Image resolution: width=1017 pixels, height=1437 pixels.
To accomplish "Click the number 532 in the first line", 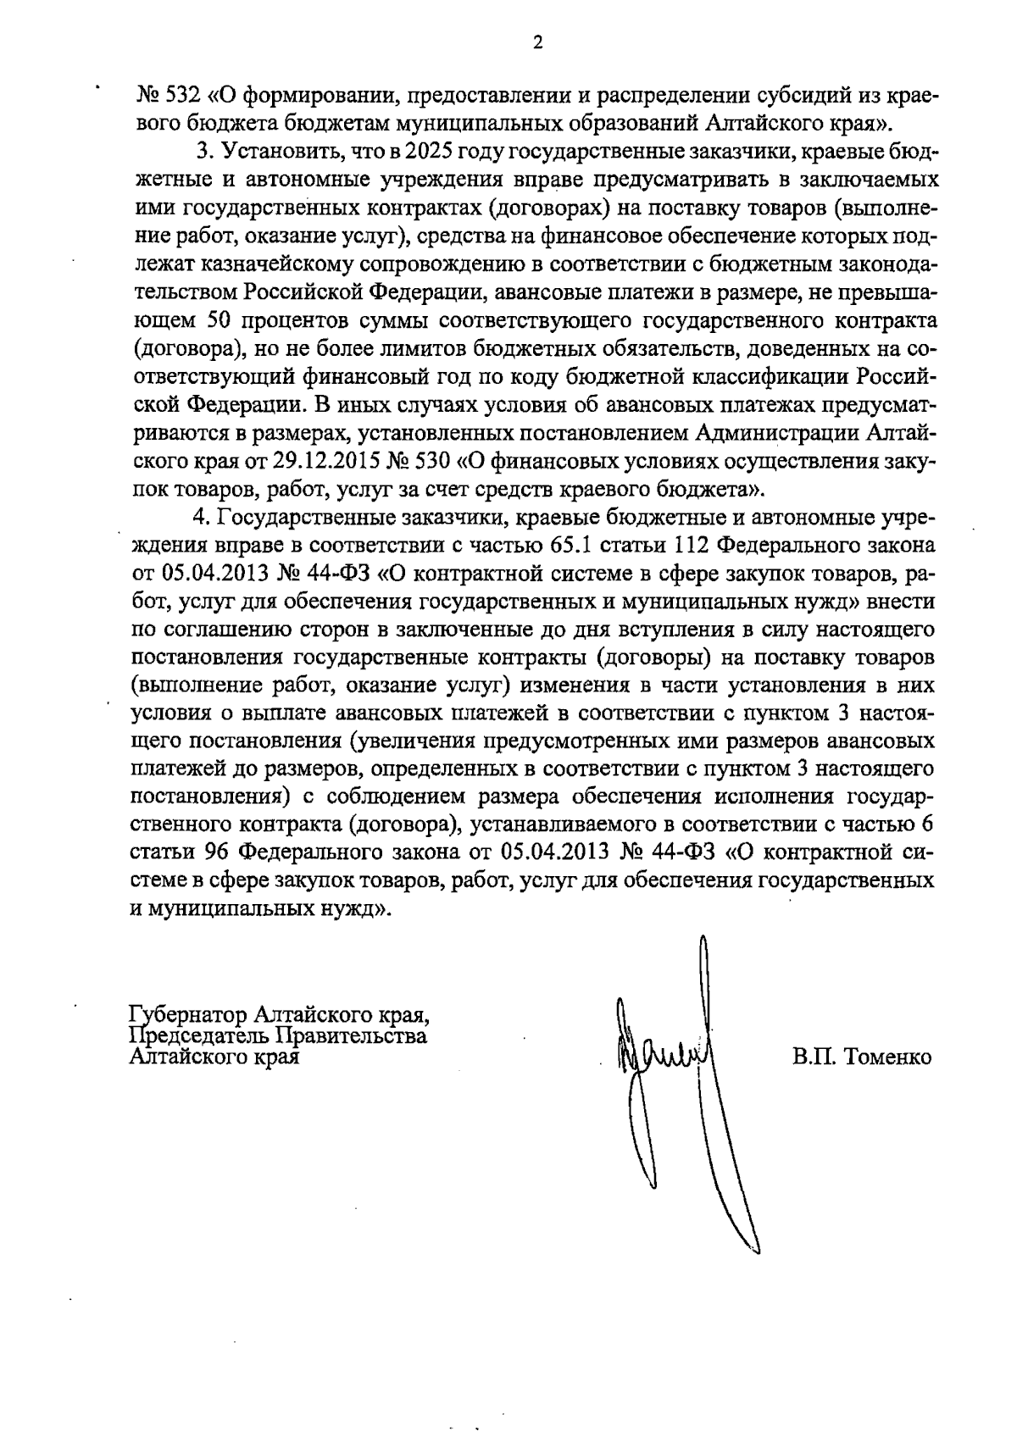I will [181, 96].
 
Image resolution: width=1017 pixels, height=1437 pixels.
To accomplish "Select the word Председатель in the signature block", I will [194, 1035].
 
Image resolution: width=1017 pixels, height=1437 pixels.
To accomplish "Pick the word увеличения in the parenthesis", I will [415, 741].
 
